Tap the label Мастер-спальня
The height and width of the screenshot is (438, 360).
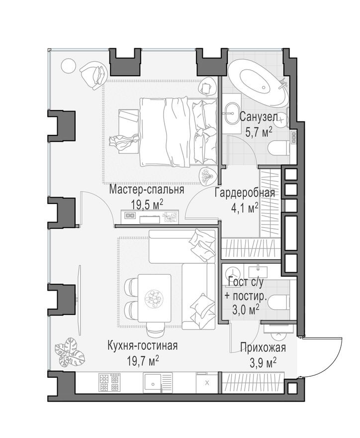pyautogui.click(x=147, y=190)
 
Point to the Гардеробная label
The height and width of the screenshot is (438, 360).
pyautogui.click(x=245, y=194)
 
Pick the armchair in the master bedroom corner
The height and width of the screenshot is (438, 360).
pyautogui.click(x=92, y=75)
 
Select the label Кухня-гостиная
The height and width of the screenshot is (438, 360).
pyautogui.click(x=143, y=345)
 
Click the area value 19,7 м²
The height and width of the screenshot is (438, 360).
pyautogui.click(x=143, y=359)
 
